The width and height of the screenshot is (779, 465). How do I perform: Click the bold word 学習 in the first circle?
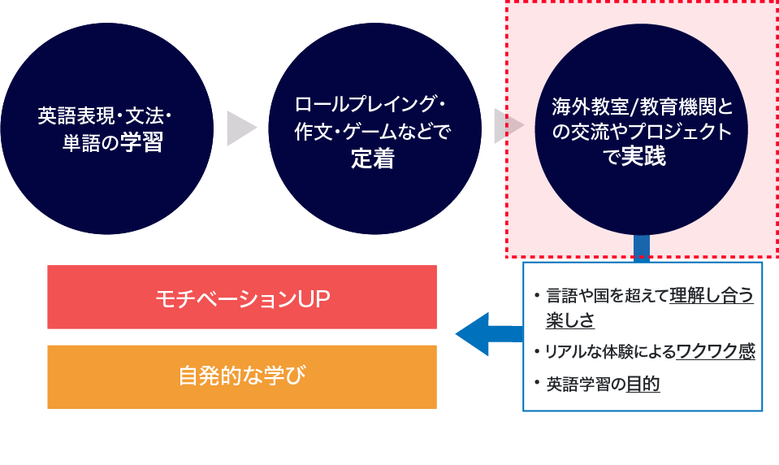(x=142, y=144)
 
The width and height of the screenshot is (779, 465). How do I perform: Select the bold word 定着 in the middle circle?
(x=372, y=159)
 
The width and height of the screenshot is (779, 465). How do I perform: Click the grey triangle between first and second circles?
(x=240, y=128)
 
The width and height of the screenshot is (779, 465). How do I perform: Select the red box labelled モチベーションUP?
(x=242, y=298)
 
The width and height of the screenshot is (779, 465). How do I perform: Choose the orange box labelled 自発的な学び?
(x=242, y=376)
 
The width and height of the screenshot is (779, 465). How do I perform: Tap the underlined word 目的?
(x=643, y=384)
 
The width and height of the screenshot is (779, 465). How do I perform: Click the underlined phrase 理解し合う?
(x=712, y=295)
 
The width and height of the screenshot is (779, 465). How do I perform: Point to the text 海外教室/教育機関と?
(x=642, y=106)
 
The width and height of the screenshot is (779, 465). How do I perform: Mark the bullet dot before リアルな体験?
(x=536, y=351)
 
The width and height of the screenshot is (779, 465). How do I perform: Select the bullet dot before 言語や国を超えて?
(x=536, y=295)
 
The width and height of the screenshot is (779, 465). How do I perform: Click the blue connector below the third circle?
(x=641, y=249)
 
